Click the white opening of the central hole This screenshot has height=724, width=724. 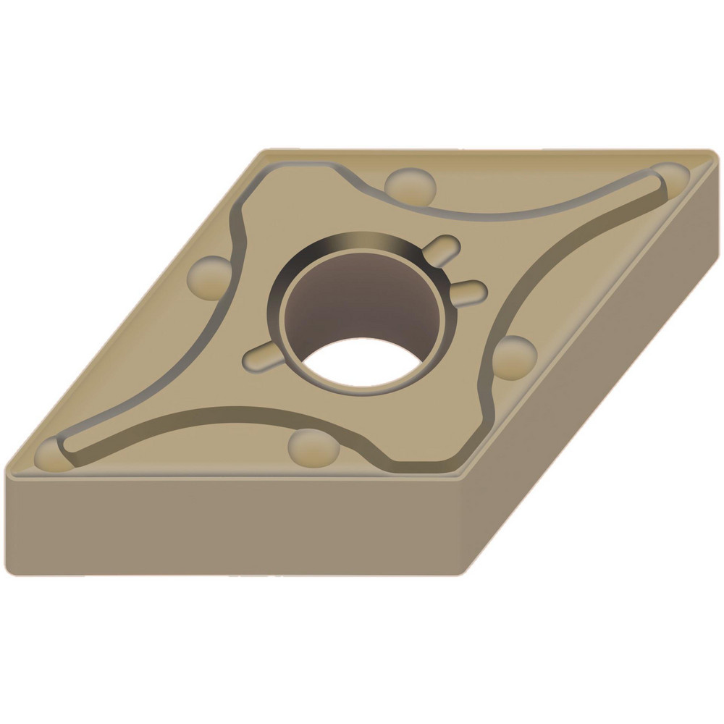point(362,362)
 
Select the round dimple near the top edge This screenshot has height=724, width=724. point(410,184)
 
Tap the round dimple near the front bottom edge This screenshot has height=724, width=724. point(313,447)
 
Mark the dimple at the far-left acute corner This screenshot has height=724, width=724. point(52,455)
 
